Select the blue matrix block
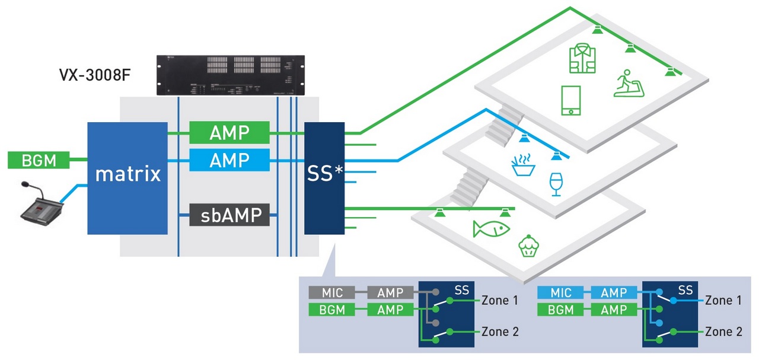click(x=127, y=174)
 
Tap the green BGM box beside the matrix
click(x=39, y=160)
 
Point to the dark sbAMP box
click(x=229, y=215)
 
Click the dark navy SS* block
click(x=324, y=177)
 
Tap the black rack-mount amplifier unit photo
click(x=230, y=75)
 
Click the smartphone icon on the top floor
click(x=570, y=100)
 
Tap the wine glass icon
click(x=556, y=184)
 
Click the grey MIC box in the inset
click(x=331, y=292)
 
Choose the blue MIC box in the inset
click(x=560, y=292)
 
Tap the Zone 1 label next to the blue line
click(x=723, y=300)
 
